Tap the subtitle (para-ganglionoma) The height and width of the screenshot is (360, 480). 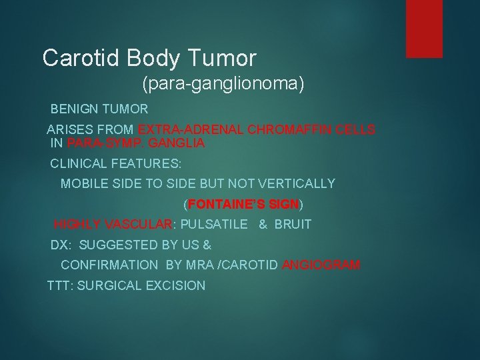click(222, 84)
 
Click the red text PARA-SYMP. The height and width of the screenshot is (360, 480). click(95, 143)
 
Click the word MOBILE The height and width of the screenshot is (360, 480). click(82, 183)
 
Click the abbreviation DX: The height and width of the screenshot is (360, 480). click(61, 245)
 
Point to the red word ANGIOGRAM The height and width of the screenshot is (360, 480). click(321, 265)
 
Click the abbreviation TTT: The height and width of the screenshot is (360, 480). click(59, 286)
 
